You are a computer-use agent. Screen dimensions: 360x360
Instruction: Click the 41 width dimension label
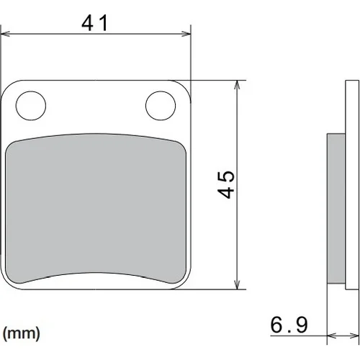(94, 23)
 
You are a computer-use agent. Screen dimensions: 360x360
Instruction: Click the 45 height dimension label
(226, 184)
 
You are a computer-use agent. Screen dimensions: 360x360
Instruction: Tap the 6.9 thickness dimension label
(289, 325)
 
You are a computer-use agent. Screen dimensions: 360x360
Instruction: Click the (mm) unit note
(22, 333)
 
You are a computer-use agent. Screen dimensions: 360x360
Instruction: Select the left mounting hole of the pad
(31, 106)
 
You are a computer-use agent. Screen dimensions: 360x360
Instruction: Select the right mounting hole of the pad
(161, 106)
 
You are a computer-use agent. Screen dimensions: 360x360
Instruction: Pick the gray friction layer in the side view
(336, 208)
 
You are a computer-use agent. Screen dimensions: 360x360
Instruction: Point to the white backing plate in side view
(352, 185)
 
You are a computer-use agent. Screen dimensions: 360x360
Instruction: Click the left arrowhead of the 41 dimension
(5, 34)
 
